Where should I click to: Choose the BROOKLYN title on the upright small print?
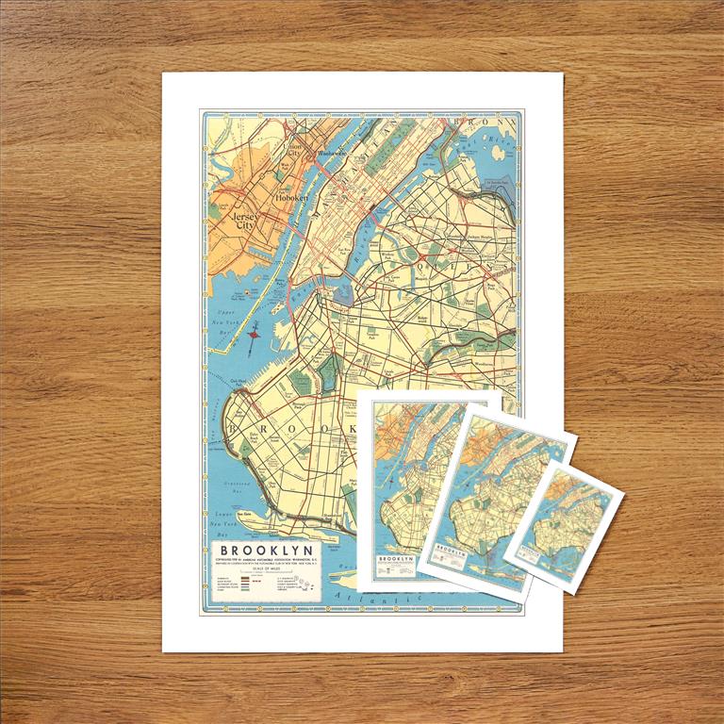(396, 559)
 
